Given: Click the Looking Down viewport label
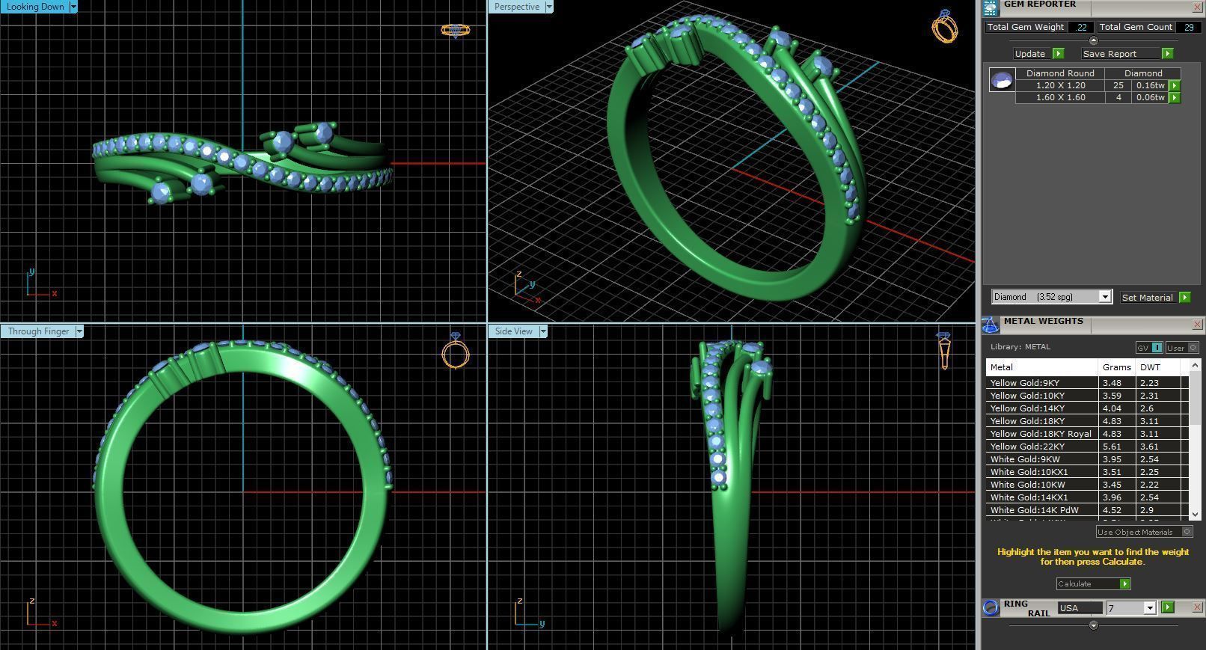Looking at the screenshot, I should tap(35, 7).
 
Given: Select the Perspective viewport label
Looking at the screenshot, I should tap(516, 7).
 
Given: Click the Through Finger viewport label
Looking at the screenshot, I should tap(38, 331).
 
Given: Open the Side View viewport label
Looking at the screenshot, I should tap(513, 331).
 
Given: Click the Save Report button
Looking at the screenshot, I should tap(1109, 54).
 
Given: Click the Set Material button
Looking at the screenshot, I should tap(1147, 298).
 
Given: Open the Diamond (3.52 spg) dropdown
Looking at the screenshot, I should tap(1051, 297).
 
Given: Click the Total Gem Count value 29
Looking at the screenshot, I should tap(1188, 27).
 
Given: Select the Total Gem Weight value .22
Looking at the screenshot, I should tap(1080, 27).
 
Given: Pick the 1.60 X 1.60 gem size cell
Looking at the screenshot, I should tap(1060, 97).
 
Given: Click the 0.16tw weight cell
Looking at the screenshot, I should tap(1151, 85).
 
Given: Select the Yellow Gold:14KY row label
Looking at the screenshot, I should tap(1026, 408).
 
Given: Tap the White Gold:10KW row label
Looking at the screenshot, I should tap(1027, 485).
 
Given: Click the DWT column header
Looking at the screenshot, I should tap(1150, 367).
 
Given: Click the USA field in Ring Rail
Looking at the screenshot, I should tap(1078, 608).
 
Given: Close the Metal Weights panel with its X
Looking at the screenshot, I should tap(1196, 324).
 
